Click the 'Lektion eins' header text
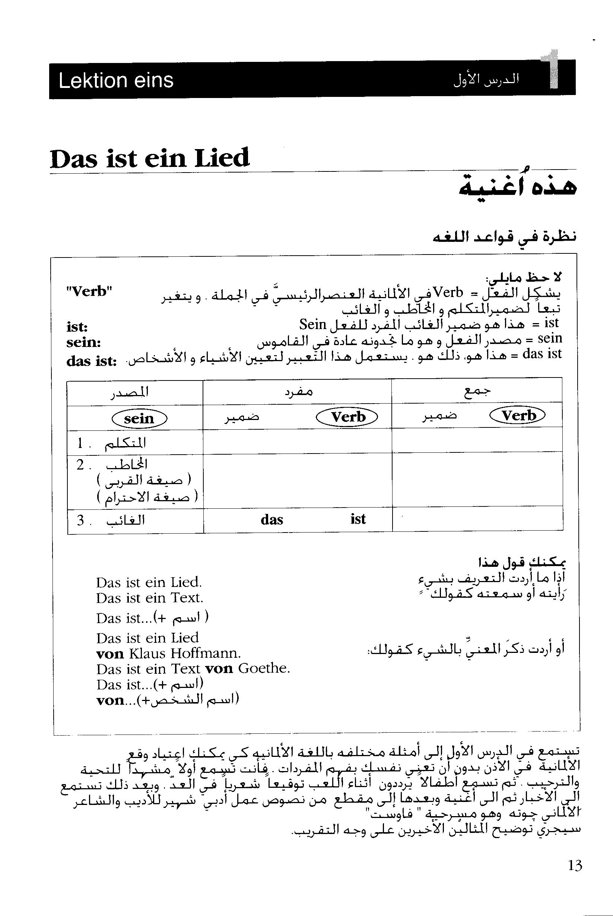click(116, 80)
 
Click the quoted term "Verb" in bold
click(89, 291)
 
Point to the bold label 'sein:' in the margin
click(84, 342)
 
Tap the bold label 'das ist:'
click(92, 361)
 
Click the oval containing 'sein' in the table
click(139, 418)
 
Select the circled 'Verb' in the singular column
click(347, 417)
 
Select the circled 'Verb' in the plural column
click(518, 415)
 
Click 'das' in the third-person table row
click(272, 520)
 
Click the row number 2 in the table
click(80, 465)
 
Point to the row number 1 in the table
click(80, 443)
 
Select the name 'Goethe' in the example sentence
click(264, 669)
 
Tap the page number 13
click(575, 865)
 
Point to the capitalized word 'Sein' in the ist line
click(313, 324)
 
